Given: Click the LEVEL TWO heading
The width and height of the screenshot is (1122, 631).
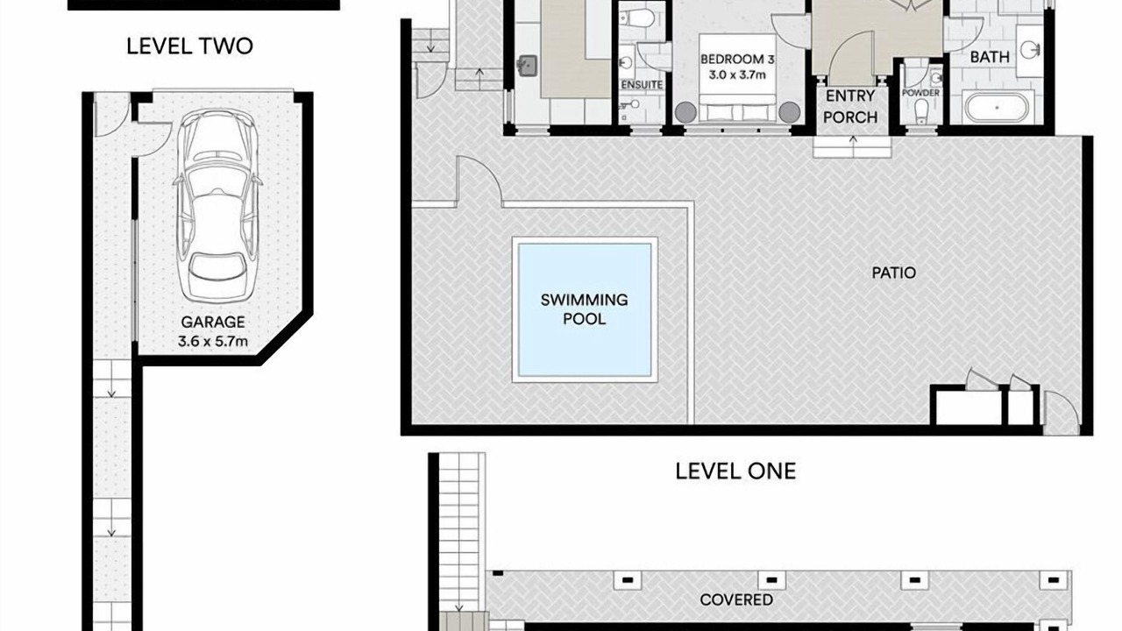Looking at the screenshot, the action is pyautogui.click(x=190, y=46).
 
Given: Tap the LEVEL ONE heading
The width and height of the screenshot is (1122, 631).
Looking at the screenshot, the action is pyautogui.click(x=735, y=471).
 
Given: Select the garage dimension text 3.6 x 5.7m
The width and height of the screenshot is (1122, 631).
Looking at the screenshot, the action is pyautogui.click(x=213, y=342).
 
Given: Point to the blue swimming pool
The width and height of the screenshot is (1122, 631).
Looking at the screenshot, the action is pyautogui.click(x=585, y=309).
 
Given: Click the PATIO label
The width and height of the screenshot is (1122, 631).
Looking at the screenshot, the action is pyautogui.click(x=893, y=273).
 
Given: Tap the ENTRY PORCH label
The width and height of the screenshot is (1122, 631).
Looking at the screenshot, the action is pyautogui.click(x=850, y=107).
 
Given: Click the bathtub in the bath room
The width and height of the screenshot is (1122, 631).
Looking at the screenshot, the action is pyautogui.click(x=997, y=107).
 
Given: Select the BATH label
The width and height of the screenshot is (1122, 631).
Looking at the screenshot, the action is pyautogui.click(x=990, y=57).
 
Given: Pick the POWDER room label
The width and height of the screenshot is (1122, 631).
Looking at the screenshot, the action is pyautogui.click(x=920, y=93).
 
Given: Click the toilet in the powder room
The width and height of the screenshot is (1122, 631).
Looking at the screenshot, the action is pyautogui.click(x=921, y=110).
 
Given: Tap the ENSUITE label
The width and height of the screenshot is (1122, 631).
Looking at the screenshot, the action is pyautogui.click(x=642, y=85).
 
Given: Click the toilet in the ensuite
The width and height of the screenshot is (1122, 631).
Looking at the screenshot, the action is pyautogui.click(x=636, y=19).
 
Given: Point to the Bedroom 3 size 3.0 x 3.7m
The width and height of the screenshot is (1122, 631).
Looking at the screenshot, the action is pyautogui.click(x=737, y=75).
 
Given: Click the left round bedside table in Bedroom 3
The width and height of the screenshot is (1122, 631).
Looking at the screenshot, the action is pyautogui.click(x=685, y=112).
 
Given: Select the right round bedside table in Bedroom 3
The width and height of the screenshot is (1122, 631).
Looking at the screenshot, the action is pyautogui.click(x=790, y=112).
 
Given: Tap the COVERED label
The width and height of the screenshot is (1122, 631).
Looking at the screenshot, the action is pyautogui.click(x=736, y=600).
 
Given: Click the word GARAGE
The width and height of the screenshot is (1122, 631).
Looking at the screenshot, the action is pyautogui.click(x=213, y=322).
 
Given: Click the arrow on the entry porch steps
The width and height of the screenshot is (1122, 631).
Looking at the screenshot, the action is pyautogui.click(x=853, y=141).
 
